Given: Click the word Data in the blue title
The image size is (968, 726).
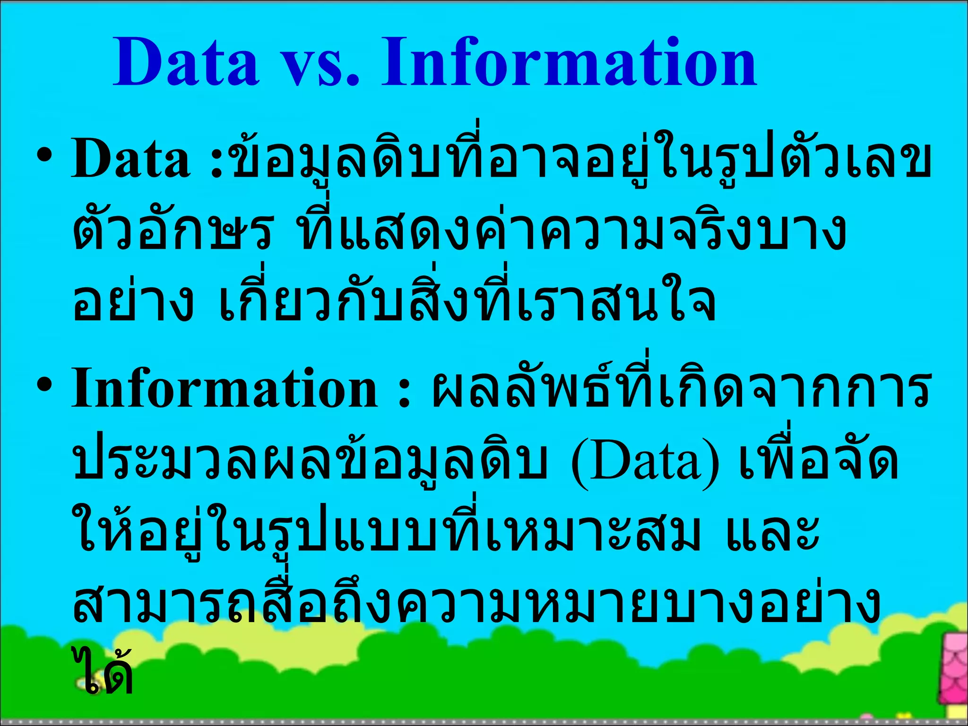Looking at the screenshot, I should [186, 63].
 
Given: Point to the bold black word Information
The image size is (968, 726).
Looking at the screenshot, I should [225, 389].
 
